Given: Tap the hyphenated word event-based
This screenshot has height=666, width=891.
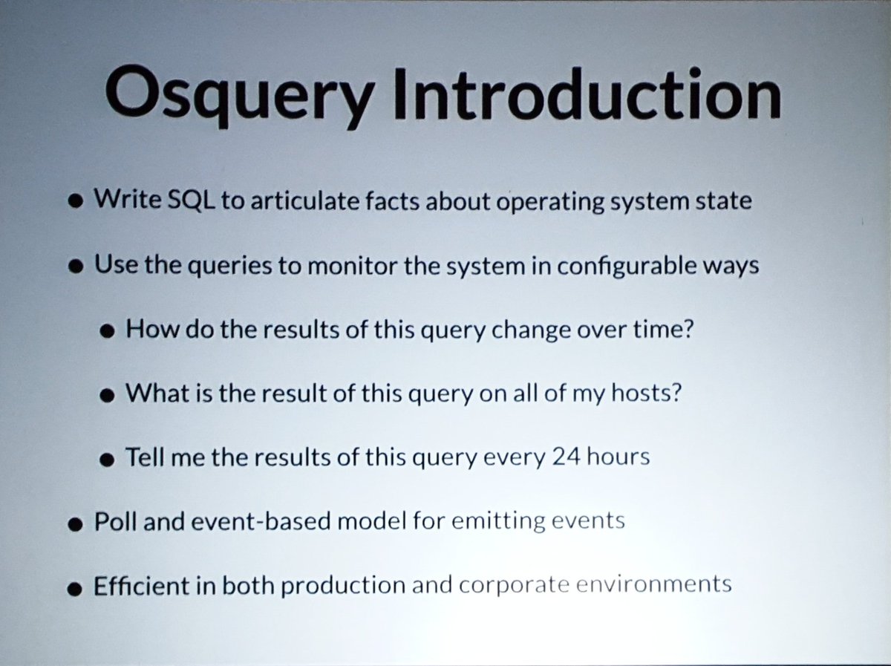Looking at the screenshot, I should point(241,521).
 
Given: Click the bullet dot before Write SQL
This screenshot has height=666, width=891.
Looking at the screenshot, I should point(74,203).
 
